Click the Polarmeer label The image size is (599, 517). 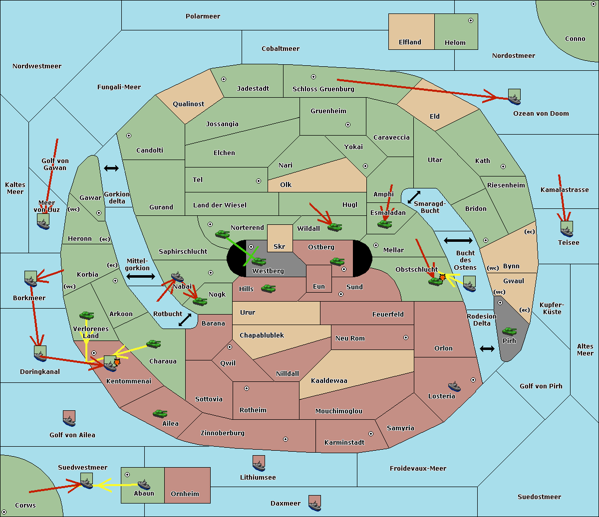(203, 16)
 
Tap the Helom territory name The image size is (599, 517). (455, 42)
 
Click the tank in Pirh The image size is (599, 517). (509, 331)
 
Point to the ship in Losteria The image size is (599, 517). (454, 386)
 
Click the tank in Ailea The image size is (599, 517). (160, 413)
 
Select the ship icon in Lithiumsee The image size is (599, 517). (259, 466)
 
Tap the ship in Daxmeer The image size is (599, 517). (314, 506)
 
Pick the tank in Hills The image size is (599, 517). (269, 288)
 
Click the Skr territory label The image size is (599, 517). (279, 246)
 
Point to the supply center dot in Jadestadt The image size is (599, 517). (224, 79)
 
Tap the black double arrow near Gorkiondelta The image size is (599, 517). (111, 168)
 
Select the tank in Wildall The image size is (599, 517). (335, 227)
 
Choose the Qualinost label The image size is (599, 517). (188, 104)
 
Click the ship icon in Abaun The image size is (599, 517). (144, 485)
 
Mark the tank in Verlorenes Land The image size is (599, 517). (87, 315)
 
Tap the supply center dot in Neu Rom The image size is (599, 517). (406, 338)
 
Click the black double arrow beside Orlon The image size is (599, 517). (487, 349)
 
